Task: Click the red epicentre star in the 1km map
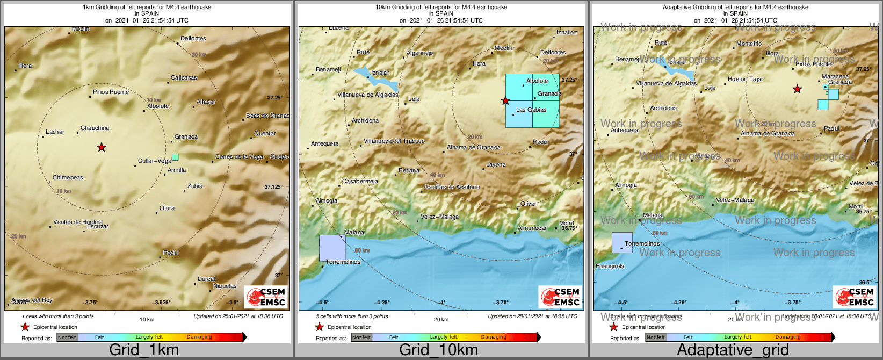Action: coord(101,147)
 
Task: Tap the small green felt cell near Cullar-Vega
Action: coord(175,157)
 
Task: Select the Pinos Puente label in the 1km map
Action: coord(111,92)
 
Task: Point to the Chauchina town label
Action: coord(95,128)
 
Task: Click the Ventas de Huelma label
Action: coord(78,222)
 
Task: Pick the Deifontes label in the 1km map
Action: coord(193,38)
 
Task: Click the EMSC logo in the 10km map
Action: coord(560,297)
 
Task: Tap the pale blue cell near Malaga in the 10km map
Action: coord(332,248)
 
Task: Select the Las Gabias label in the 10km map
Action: coord(531,110)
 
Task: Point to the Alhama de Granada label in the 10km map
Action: coord(473,147)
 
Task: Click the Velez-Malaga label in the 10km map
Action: coord(439,217)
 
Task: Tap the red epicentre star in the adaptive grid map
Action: coord(797,89)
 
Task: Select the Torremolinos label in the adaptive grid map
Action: coord(642,243)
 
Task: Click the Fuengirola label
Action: coord(610,266)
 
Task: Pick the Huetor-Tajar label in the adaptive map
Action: coord(745,79)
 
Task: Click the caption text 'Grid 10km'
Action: coord(438,350)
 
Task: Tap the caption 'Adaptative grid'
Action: coord(733,350)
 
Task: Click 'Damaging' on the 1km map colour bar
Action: coord(199,337)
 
